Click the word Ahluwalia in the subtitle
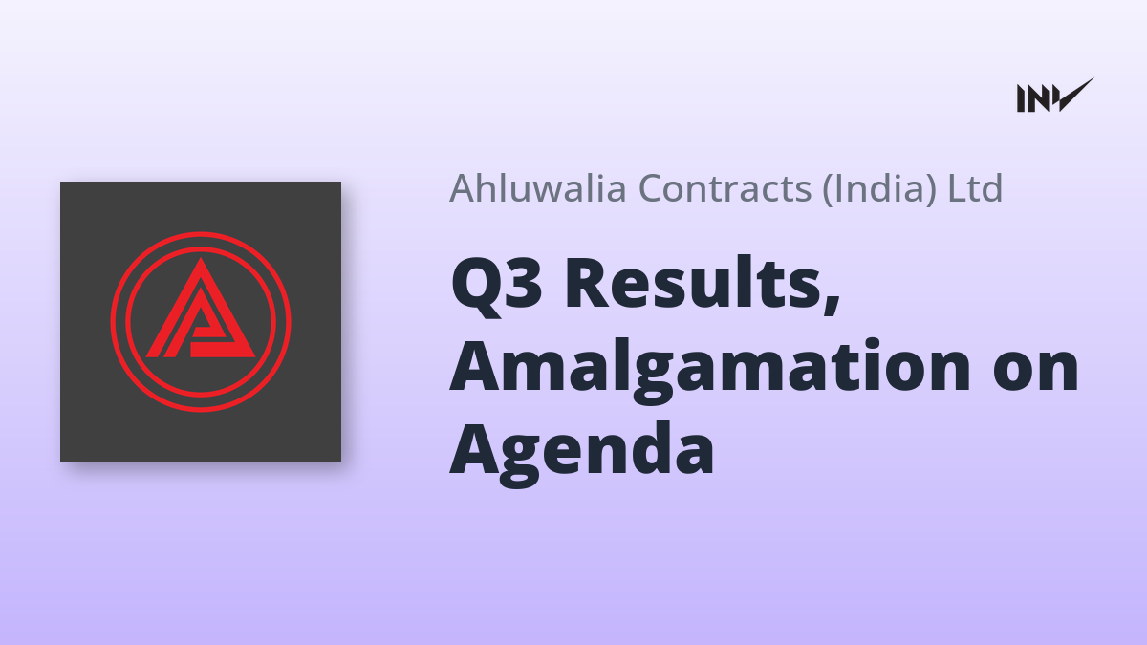(538, 188)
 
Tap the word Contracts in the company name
(725, 188)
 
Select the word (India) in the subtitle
(879, 189)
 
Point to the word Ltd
(975, 188)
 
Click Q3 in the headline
(496, 284)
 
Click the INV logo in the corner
(1055, 96)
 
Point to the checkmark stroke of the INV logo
(1071, 96)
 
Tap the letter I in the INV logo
(1022, 98)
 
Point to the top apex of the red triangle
(200, 258)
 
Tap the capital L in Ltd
(957, 188)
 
